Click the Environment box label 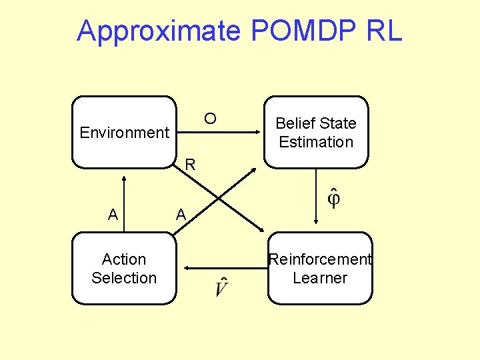point(124,133)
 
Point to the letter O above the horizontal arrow point(210,119)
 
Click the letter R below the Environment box point(190,164)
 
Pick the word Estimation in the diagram point(316,142)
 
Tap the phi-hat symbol point(333,198)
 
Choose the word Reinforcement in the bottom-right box point(319,259)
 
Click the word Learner point(320,278)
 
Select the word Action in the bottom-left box point(124,259)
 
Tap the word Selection point(124,278)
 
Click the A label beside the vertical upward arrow point(113,215)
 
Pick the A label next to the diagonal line point(180,215)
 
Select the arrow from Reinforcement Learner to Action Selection point(223,268)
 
